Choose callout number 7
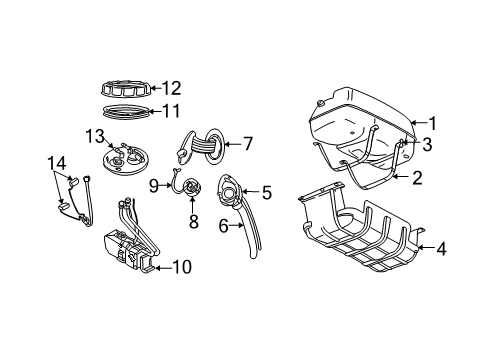[249, 143]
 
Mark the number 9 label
[154, 184]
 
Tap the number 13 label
[94, 135]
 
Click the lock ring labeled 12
[125, 88]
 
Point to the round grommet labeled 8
[193, 188]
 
